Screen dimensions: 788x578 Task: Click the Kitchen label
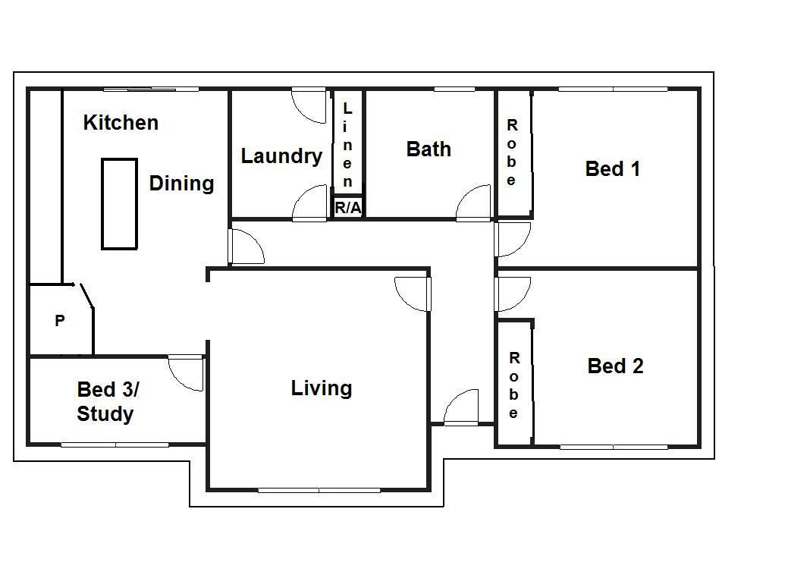pyautogui.click(x=121, y=123)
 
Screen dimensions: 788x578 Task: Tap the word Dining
pyautogui.click(x=181, y=184)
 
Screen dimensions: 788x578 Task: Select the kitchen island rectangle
pyautogui.click(x=119, y=204)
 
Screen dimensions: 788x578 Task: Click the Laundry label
pyautogui.click(x=281, y=156)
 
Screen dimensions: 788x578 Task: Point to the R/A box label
pyautogui.click(x=348, y=207)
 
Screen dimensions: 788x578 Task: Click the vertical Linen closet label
pyautogui.click(x=347, y=145)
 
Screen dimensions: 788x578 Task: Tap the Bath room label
pyautogui.click(x=429, y=149)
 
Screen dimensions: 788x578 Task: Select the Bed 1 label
pyautogui.click(x=613, y=169)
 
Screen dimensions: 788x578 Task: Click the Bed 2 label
pyautogui.click(x=615, y=366)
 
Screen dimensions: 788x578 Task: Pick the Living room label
pyautogui.click(x=322, y=388)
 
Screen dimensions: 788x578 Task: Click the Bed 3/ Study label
pyautogui.click(x=108, y=401)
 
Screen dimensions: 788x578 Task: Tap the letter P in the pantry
pyautogui.click(x=60, y=321)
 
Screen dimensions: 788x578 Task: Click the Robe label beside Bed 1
pyautogui.click(x=512, y=152)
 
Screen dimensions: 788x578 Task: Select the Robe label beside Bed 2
pyautogui.click(x=513, y=385)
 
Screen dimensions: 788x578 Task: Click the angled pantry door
pyautogui.click(x=85, y=296)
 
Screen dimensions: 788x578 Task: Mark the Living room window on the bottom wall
pyautogui.click(x=319, y=489)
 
